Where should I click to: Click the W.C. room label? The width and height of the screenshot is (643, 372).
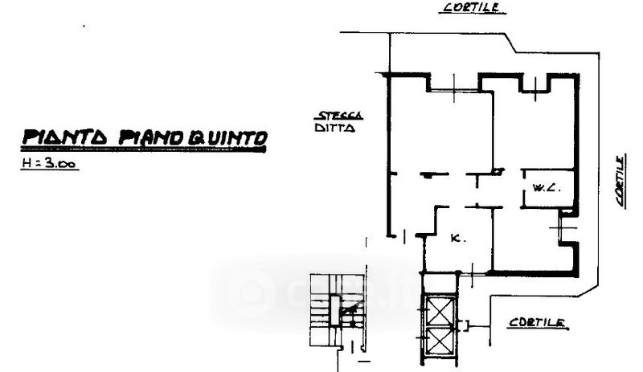coord(547,190)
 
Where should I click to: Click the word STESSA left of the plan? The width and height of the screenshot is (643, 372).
coord(339,115)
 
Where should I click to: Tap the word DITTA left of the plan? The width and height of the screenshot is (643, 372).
coord(334,129)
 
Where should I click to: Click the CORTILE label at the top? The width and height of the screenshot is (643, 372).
coord(473,7)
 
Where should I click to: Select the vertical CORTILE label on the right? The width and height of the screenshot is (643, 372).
coord(621,182)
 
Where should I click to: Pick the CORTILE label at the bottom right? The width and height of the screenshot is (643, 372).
coord(538,323)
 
